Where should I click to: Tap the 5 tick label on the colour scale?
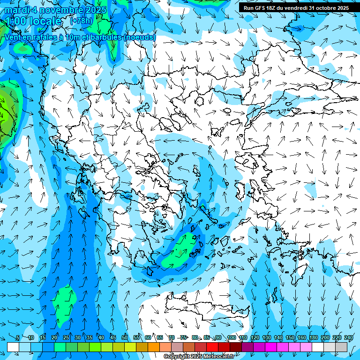(x=18, y=337)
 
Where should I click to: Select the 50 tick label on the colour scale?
(x=124, y=337)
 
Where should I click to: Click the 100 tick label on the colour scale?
(x=231, y=337)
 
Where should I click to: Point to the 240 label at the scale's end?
(x=349, y=337)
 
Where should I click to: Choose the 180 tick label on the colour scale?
(x=313, y=337)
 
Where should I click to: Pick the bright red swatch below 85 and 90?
(x=212, y=347)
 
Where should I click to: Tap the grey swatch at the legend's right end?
(x=341, y=347)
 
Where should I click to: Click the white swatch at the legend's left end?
(x=13, y=347)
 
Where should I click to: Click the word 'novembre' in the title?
(x=58, y=9)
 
